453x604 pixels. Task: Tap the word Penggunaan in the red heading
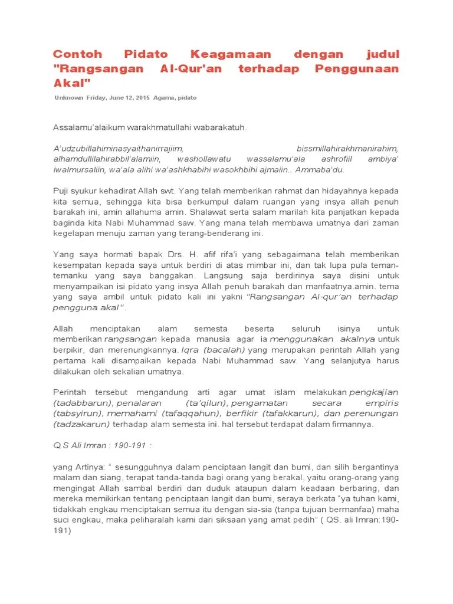pyautogui.click(x=357, y=69)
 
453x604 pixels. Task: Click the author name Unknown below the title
pyautogui.click(x=68, y=98)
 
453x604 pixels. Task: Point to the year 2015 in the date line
pyautogui.click(x=142, y=98)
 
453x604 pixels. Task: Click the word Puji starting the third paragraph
pyautogui.click(x=62, y=191)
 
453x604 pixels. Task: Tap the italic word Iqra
pyautogui.click(x=191, y=350)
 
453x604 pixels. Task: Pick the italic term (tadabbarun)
pyautogui.click(x=81, y=403)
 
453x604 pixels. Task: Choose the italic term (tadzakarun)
pyautogui.click(x=81, y=424)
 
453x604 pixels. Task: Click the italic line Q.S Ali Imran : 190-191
pyautogui.click(x=103, y=445)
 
